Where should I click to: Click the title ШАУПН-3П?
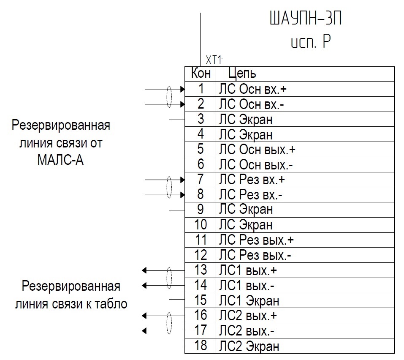point(306,18)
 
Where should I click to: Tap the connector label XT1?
point(214,60)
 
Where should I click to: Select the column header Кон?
point(201,74)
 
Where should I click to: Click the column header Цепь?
point(242,74)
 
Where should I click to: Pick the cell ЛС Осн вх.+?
point(253,89)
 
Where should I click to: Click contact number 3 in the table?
point(201,119)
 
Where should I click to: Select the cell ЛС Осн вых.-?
point(256,164)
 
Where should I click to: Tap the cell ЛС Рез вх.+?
point(252,180)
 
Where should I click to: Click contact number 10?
point(201,225)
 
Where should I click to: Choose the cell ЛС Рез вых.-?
point(255,255)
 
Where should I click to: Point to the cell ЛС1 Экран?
point(249,301)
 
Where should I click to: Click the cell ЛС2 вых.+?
point(248,316)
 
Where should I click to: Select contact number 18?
point(201,346)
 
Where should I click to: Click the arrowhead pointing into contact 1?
point(182,89)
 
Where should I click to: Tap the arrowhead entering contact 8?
point(182,195)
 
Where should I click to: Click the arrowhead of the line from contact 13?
point(144,270)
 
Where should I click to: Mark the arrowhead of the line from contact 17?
point(144,330)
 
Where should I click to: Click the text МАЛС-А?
point(60,160)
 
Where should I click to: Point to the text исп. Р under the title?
point(311,42)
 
